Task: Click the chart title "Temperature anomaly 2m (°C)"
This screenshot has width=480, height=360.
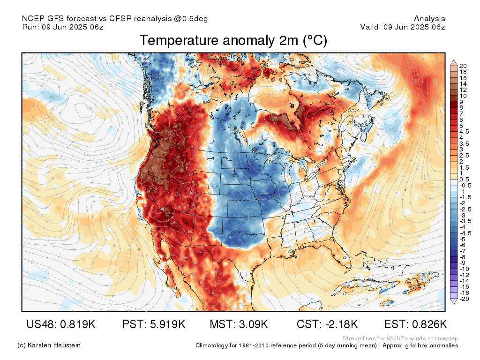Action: coord(233,41)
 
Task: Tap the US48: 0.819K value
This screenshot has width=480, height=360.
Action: coord(61,324)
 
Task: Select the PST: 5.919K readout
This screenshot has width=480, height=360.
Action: coord(154,324)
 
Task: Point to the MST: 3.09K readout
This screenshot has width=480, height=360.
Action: coord(239,324)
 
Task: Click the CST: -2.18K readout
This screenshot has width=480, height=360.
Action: coord(327,324)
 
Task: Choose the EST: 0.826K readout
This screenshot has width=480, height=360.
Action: coord(415,324)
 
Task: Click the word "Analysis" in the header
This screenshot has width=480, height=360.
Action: coord(429,19)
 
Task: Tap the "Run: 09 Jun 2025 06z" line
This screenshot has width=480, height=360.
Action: coord(63,27)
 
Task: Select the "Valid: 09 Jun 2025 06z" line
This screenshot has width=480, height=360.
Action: coord(403,27)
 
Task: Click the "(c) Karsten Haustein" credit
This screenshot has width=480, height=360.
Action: coord(49,345)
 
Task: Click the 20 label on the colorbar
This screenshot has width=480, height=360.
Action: coord(463,66)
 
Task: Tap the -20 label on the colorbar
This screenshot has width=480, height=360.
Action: coord(464,299)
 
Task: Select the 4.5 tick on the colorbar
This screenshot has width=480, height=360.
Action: coord(464,132)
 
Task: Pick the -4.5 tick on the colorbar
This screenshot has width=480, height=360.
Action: coord(465,233)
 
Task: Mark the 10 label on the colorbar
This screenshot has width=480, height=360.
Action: coord(463,96)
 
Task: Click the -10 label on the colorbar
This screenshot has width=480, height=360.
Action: coord(464,269)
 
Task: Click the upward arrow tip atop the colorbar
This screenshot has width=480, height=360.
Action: coord(454,60)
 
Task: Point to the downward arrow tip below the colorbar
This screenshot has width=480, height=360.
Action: coord(454,304)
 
